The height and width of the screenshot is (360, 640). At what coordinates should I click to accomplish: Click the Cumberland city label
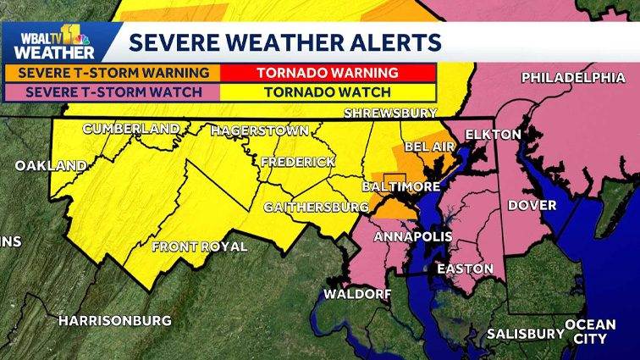[130, 129]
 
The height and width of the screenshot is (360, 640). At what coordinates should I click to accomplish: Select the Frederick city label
[297, 161]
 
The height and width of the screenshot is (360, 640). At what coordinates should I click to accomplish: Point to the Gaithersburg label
[316, 207]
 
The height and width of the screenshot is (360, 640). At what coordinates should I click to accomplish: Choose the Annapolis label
[412, 235]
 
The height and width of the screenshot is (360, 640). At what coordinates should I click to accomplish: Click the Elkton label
[487, 133]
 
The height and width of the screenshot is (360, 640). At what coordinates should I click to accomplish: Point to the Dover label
[532, 205]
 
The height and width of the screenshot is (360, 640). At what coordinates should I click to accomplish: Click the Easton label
[464, 269]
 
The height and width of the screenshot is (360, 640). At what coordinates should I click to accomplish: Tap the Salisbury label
[525, 333]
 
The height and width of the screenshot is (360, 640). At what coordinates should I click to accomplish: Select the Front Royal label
[199, 246]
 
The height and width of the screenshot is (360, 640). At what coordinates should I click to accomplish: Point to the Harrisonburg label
[114, 320]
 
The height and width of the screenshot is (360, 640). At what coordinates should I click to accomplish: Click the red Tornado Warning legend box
[328, 72]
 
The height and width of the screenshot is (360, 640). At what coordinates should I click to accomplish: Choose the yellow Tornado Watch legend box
[328, 91]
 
